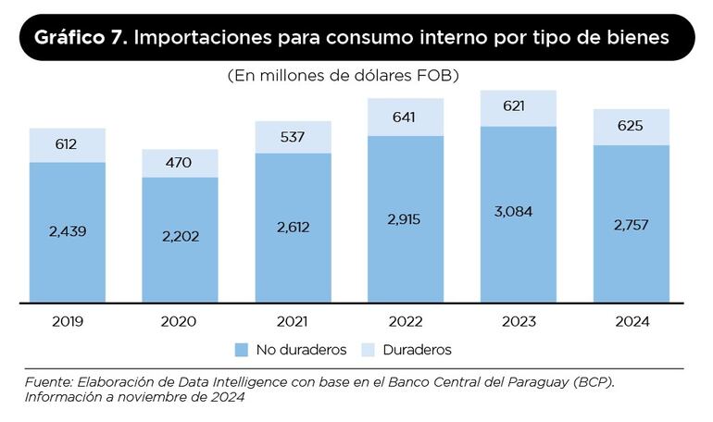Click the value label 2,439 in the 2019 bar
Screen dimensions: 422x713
coord(67,230)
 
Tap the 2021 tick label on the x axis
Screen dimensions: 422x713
coord(293,322)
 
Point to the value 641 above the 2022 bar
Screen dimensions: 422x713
coord(406,118)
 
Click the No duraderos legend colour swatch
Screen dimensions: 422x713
coord(242,350)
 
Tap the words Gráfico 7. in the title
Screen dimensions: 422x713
coord(82,38)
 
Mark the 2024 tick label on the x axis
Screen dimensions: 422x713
coord(632,322)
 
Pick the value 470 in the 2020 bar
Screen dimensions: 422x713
coord(180,163)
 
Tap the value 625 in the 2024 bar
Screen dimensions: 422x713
coord(632,126)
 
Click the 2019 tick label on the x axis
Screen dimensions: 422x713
coord(67,322)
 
